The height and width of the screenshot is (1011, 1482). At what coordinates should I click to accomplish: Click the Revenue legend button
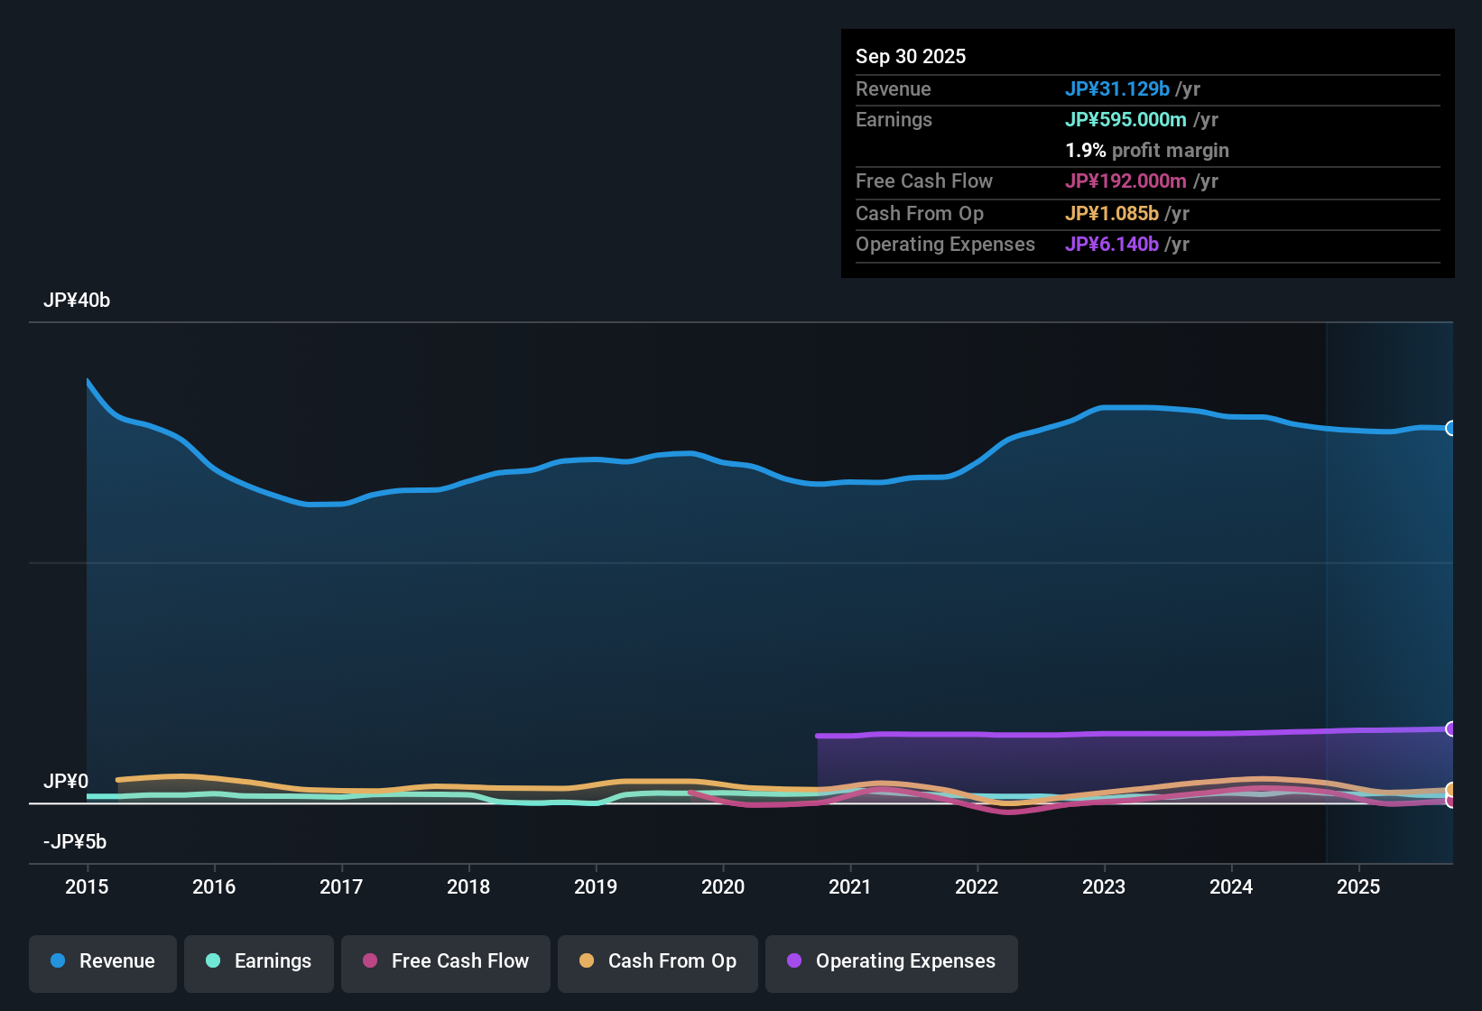[x=103, y=961]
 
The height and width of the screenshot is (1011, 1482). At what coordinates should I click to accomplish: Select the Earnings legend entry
[x=259, y=961]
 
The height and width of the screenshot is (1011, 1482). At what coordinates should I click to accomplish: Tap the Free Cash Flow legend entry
[x=446, y=961]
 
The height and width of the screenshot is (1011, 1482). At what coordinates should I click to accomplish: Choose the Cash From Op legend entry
[x=658, y=961]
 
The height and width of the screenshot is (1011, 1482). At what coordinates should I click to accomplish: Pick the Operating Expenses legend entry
[x=892, y=961]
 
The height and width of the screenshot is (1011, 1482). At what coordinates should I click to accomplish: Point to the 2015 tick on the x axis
[x=87, y=886]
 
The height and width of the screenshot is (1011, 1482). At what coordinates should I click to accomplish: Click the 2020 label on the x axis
[x=723, y=886]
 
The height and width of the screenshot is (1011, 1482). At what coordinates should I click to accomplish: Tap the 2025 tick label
[x=1358, y=886]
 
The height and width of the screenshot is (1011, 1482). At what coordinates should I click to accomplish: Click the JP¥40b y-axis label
[x=77, y=301]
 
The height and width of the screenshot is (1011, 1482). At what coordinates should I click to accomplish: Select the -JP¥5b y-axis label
[x=75, y=842]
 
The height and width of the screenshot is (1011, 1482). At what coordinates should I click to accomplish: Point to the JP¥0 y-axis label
[x=66, y=782]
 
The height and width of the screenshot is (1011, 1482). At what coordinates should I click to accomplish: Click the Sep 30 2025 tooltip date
[x=911, y=57]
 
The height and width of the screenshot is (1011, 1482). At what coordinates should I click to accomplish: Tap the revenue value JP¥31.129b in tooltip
[x=1116, y=89]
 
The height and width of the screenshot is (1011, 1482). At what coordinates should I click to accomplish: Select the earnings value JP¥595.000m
[x=1125, y=120]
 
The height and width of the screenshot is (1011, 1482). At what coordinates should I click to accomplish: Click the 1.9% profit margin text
[x=1146, y=151]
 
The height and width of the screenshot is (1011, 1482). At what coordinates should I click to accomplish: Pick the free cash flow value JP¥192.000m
[x=1125, y=181]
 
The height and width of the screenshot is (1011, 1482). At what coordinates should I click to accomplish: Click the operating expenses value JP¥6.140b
[x=1111, y=245]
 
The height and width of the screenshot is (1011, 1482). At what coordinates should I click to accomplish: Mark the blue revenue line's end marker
[x=1450, y=428]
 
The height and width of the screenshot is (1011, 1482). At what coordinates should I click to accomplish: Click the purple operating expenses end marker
[x=1450, y=728]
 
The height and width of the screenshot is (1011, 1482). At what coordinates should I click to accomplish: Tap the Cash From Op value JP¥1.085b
[x=1111, y=214]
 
